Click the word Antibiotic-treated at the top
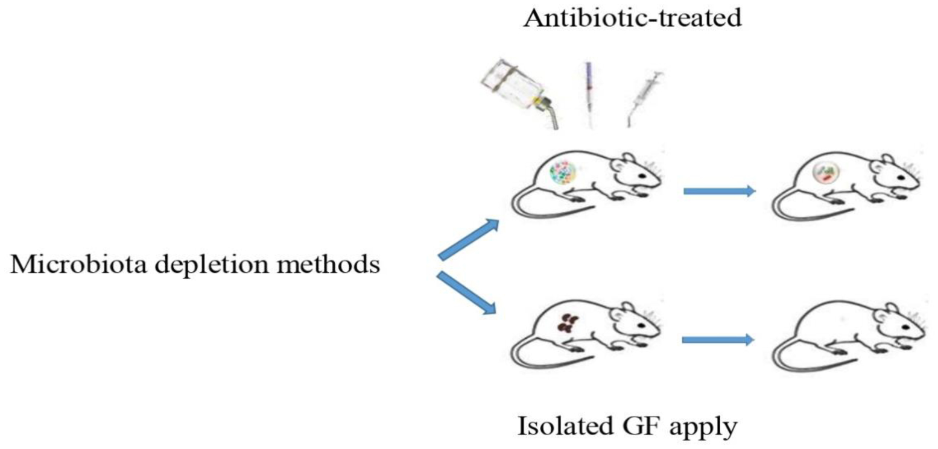pos(632,19)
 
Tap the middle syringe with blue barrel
pos(588,90)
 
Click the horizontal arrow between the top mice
pos(718,191)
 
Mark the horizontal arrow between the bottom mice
pos(717,340)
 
